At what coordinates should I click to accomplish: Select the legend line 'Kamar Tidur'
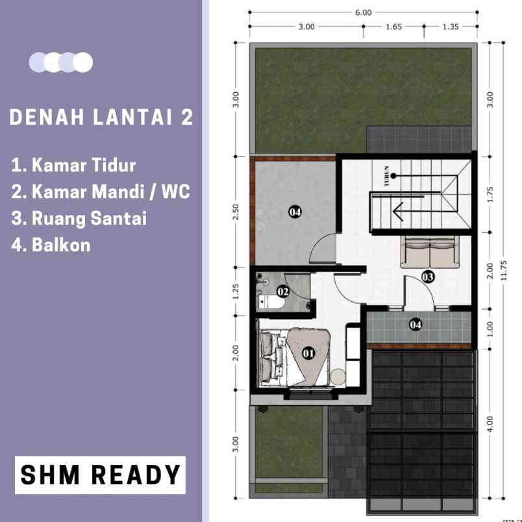click(x=73, y=165)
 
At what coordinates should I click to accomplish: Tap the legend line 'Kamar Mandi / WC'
click(x=101, y=192)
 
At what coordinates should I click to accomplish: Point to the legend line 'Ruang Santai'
click(x=79, y=218)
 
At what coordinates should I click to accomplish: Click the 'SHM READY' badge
click(x=100, y=475)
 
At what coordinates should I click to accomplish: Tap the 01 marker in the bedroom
click(x=308, y=353)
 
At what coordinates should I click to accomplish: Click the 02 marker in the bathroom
click(x=282, y=292)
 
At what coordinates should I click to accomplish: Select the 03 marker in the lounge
click(x=427, y=277)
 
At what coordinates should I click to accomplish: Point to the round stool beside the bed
click(x=338, y=376)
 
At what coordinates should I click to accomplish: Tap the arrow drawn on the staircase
click(x=406, y=210)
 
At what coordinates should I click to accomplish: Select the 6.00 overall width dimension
click(x=364, y=12)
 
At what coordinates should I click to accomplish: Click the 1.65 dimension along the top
click(x=393, y=27)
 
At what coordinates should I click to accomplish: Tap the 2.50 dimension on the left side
click(x=237, y=212)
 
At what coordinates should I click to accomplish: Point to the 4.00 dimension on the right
click(x=490, y=423)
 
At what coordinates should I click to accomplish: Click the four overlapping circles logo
click(x=61, y=62)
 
